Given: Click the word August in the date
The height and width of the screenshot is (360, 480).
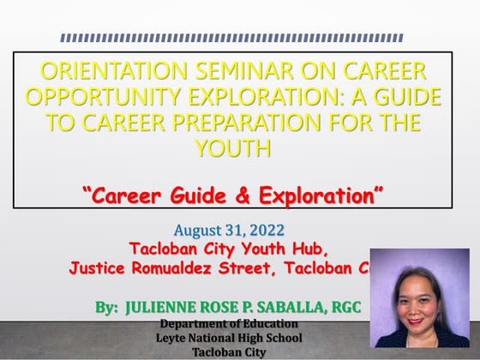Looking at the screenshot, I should (x=197, y=231).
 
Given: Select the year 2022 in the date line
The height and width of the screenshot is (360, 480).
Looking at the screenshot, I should (x=274, y=231).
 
